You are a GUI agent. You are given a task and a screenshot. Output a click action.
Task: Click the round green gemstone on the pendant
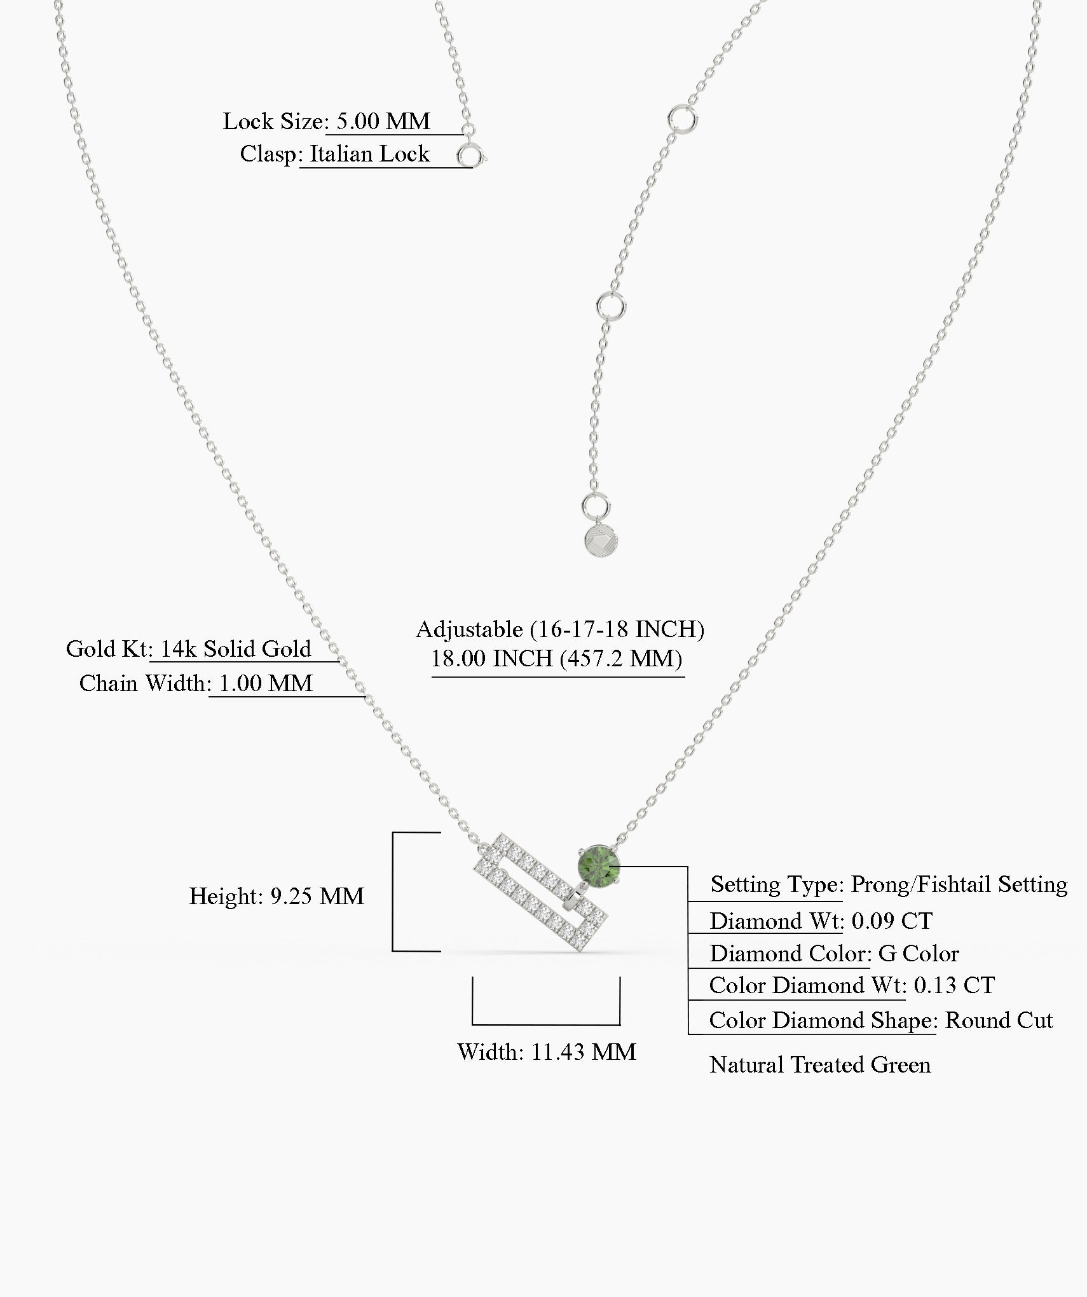[x=598, y=864]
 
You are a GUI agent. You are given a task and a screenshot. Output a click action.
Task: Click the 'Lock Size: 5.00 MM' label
[x=327, y=121]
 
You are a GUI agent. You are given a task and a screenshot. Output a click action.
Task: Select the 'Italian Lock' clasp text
[x=369, y=154]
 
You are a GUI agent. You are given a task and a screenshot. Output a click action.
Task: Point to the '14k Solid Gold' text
[x=235, y=648]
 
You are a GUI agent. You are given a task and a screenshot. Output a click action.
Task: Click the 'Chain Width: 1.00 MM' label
[x=196, y=683]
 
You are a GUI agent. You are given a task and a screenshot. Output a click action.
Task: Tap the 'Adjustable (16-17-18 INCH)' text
[x=560, y=629]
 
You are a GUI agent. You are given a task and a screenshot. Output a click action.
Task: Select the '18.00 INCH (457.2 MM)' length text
[x=557, y=658]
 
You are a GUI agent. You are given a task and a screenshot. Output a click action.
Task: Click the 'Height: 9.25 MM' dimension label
[x=277, y=896]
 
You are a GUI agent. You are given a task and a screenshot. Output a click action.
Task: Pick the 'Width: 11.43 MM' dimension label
[x=547, y=1052]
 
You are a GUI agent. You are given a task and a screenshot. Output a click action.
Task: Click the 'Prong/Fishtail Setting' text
[x=959, y=885]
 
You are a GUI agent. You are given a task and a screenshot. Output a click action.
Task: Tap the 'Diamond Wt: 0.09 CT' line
[x=821, y=921]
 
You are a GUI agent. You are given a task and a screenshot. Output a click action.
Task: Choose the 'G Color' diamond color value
[x=919, y=954]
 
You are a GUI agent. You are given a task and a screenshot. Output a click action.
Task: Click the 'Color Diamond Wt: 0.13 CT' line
[x=852, y=985]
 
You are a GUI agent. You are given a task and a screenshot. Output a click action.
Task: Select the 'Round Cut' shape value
[x=999, y=1020]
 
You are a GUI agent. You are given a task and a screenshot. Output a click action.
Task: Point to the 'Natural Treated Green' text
[x=820, y=1065]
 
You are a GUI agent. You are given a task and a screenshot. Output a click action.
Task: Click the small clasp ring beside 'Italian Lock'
[x=470, y=156]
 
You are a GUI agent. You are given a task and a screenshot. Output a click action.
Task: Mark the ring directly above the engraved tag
[x=596, y=508]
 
